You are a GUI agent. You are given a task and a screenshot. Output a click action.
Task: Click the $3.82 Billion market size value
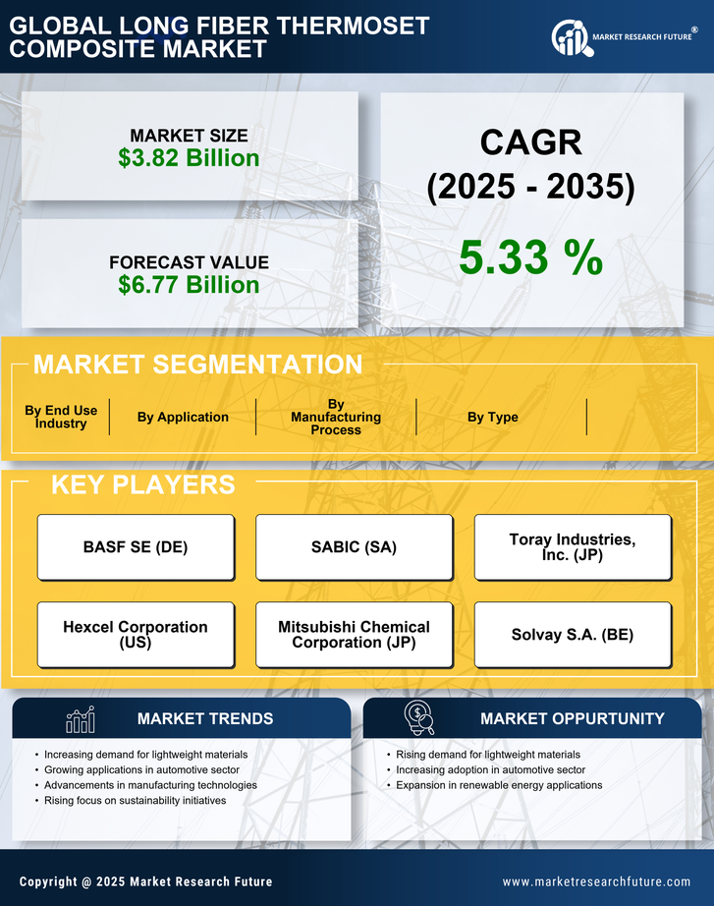coord(189,158)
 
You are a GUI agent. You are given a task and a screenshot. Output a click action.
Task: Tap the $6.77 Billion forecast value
coord(189,285)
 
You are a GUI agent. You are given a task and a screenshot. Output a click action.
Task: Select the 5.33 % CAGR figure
coord(530,257)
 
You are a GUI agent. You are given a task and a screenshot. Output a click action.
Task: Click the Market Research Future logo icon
coord(570,38)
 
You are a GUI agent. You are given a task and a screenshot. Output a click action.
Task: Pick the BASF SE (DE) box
coord(136,547)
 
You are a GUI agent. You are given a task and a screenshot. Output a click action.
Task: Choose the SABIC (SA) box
coord(354,547)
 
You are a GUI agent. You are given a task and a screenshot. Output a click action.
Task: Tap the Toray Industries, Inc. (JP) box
coord(573,547)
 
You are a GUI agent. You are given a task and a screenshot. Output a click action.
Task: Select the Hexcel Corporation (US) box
coord(136,634)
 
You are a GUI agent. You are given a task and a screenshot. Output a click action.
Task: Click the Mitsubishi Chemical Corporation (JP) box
coord(354,634)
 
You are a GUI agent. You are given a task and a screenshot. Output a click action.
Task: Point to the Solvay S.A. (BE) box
coord(573,634)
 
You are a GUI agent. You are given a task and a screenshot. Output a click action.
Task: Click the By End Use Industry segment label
coord(61,417)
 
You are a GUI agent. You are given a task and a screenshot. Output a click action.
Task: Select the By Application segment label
coord(183,417)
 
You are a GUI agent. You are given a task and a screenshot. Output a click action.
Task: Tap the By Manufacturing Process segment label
coord(336,417)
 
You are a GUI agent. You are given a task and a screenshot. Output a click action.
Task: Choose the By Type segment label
coord(493,417)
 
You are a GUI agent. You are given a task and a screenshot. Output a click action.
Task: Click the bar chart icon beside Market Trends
coord(80,719)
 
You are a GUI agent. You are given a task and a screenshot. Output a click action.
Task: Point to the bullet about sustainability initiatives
coord(136,801)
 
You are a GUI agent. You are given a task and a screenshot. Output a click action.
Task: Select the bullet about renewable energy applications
coord(499,785)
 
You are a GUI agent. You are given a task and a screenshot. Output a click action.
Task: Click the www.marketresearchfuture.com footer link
coord(596,881)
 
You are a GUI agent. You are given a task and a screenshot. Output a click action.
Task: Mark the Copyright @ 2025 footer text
coord(145,881)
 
